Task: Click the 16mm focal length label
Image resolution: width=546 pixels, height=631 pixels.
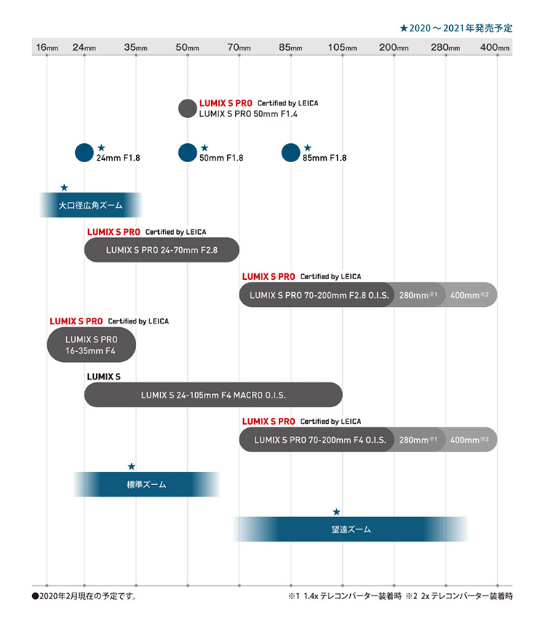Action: coord(47,48)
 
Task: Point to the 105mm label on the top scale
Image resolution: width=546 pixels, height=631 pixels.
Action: coord(342,48)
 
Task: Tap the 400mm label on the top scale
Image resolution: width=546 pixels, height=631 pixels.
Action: coord(497,48)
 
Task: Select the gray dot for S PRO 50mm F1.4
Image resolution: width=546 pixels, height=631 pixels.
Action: coord(188,109)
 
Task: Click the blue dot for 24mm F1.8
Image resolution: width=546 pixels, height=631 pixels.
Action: coord(84,153)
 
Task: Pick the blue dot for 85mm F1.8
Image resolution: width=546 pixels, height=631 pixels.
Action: coord(291,153)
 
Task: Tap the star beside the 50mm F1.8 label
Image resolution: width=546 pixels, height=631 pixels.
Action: coord(205,148)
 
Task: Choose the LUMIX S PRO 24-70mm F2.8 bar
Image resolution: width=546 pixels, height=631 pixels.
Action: coord(162,249)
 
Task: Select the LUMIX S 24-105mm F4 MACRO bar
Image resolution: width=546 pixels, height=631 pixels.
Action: coord(213,395)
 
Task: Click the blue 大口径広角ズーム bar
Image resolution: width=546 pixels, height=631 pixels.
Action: coord(90,206)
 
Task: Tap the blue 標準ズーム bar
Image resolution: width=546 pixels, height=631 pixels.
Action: coord(146,483)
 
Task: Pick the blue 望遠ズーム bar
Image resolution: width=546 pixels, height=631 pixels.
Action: coord(350,529)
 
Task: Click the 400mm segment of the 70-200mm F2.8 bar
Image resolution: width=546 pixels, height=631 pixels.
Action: coord(470,295)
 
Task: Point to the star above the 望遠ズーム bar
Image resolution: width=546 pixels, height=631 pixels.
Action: coord(336,513)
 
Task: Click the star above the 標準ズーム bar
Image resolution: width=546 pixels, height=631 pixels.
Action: coord(131,466)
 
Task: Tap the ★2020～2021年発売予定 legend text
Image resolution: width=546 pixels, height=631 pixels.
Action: coord(456,28)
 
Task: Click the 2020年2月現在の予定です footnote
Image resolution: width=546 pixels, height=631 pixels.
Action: coord(84,596)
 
